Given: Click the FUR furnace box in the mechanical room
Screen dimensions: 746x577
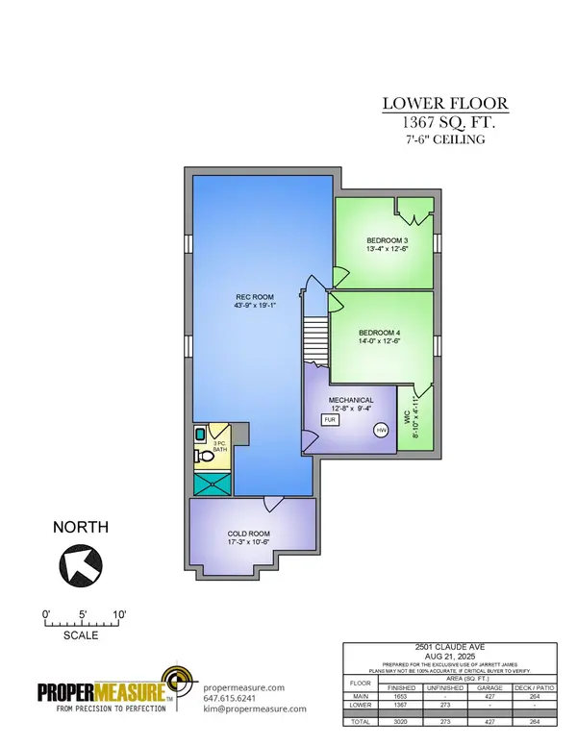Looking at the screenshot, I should (329, 420).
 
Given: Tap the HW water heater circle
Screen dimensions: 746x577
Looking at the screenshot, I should (381, 430).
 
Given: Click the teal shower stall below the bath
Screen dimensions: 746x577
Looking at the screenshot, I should (211, 485).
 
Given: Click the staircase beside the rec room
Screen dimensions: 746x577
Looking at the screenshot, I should (315, 341).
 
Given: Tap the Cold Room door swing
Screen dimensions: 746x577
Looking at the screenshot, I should (273, 504).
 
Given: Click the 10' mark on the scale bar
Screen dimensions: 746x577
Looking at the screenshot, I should (119, 613).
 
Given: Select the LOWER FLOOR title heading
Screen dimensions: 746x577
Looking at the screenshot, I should (445, 104).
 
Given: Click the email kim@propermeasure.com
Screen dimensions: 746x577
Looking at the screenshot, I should (255, 709).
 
